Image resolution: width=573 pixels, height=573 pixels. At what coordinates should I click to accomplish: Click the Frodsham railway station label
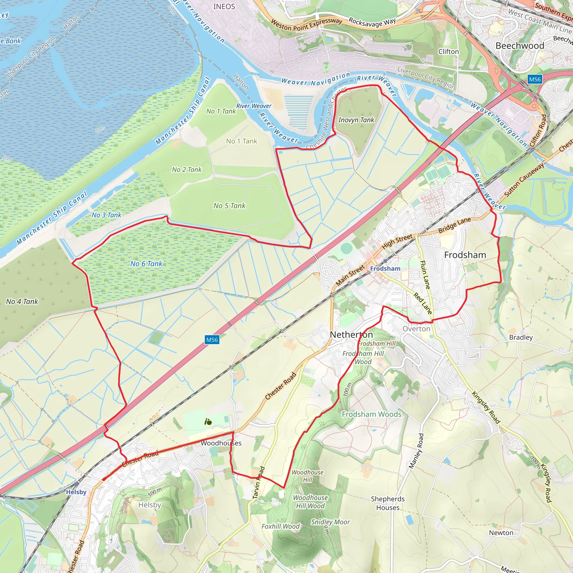tap(385, 268)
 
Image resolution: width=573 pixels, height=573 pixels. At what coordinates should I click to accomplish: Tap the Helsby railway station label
tap(76, 492)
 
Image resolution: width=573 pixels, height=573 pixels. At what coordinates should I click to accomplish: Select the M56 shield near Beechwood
tap(535, 79)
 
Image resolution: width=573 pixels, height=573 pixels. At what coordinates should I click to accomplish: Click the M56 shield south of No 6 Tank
tap(212, 340)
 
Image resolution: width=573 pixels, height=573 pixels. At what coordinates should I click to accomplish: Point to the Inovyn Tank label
tap(356, 120)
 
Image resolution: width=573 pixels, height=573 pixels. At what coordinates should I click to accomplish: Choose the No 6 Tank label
tap(146, 264)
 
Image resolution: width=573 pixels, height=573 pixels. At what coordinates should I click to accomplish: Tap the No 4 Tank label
tap(22, 302)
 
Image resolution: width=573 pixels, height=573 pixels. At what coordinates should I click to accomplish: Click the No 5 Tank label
tap(229, 206)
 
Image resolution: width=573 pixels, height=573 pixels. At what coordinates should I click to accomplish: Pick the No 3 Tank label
tap(107, 215)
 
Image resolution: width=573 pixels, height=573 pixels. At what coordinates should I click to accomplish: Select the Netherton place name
tap(351, 335)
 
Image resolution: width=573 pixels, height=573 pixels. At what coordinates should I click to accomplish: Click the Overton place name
tap(416, 329)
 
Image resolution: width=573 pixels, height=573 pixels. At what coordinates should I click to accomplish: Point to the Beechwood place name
tap(520, 46)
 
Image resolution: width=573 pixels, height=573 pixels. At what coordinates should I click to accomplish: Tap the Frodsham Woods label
tap(372, 414)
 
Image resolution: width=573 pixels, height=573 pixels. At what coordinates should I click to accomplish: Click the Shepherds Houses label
tap(388, 503)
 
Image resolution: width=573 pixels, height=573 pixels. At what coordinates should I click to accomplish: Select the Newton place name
tap(501, 533)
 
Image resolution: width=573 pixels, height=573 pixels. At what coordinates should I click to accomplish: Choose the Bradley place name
tap(521, 337)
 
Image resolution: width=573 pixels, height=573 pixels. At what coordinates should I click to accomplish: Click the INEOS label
tap(224, 6)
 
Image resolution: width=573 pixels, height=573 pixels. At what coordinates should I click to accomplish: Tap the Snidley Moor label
tap(330, 522)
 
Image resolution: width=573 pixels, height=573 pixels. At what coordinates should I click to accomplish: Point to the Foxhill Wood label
tap(281, 527)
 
